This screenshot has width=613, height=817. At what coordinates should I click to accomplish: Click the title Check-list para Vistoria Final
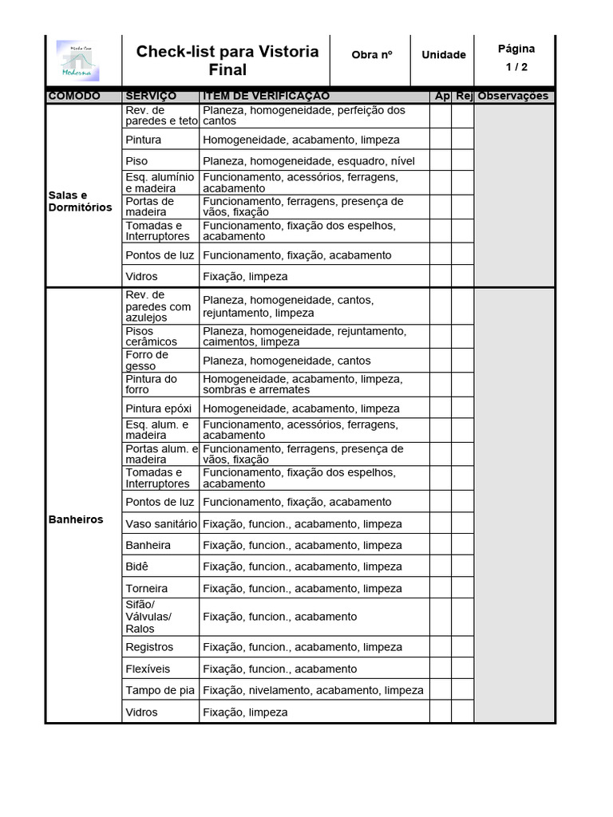click(227, 61)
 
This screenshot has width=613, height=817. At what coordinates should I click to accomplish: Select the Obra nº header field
click(371, 55)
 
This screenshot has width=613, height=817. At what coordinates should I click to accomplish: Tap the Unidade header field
click(444, 55)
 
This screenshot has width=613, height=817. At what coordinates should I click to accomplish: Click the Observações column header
click(513, 97)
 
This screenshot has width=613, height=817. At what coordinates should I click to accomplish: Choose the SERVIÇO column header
click(151, 97)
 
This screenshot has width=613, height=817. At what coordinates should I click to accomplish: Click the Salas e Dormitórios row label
click(80, 201)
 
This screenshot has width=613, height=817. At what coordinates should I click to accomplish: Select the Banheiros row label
click(76, 519)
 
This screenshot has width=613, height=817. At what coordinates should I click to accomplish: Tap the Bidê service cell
click(137, 566)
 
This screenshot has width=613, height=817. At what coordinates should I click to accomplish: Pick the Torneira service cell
click(147, 588)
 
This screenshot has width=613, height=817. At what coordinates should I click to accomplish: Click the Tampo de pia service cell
click(160, 690)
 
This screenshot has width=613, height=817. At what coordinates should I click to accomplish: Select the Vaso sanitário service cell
click(160, 524)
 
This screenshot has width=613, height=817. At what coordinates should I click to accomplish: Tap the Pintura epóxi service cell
click(158, 408)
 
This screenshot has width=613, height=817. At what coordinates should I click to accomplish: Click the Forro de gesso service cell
click(147, 361)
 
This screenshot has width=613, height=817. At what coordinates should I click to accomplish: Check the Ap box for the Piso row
click(441, 160)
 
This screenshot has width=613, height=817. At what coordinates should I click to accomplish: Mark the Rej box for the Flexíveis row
click(463, 669)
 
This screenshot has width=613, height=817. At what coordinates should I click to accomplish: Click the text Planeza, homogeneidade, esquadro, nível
click(309, 161)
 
